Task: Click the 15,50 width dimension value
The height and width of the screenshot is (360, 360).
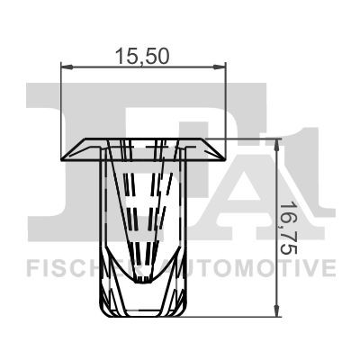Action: pos(143,55)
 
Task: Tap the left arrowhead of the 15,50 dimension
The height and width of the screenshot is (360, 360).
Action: pos(65,66)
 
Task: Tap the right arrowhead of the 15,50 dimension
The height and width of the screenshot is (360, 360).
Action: pos(222,66)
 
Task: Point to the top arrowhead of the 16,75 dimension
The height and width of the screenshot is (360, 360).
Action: pos(276,144)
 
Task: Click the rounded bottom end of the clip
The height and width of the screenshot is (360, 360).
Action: pos(143,313)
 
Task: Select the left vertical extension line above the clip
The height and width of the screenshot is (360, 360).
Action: pos(59,108)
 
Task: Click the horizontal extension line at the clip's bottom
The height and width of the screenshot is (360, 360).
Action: pos(234,316)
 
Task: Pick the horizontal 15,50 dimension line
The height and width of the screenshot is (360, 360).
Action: pos(143,66)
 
